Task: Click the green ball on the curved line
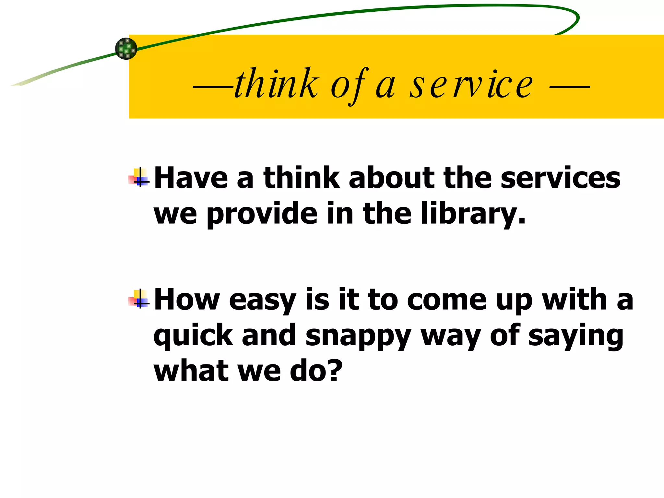(126, 49)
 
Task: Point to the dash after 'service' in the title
(570, 87)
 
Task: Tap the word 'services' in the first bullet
(560, 178)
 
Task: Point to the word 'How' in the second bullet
(187, 300)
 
